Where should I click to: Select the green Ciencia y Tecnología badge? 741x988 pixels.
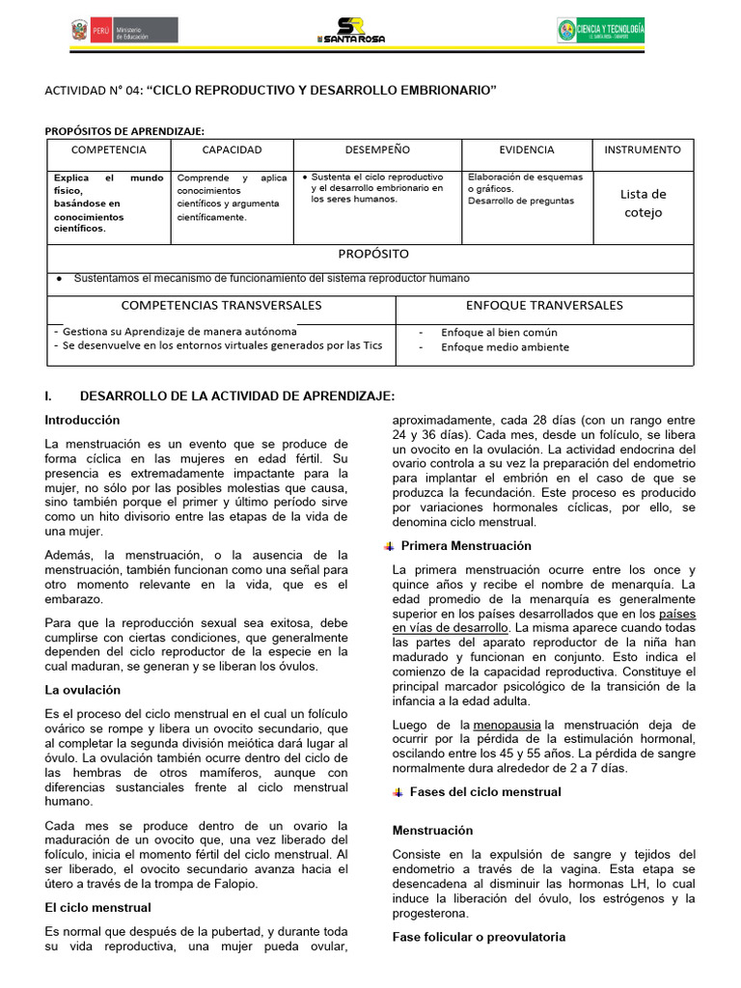pos(601,31)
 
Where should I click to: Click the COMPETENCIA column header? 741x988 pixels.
pos(109,151)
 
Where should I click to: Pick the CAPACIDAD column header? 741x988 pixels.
pos(232,151)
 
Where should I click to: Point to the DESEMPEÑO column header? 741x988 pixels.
pos(377,151)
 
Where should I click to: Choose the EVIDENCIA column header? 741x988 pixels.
pos(527,151)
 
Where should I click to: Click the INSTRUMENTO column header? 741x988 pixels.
pos(643,151)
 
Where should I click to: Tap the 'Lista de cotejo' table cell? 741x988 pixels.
pos(643,203)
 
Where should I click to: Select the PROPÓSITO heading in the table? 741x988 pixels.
pos(372,254)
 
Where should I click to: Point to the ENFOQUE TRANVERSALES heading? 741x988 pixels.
pos(544,306)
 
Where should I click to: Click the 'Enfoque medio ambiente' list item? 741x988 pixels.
pos(505,347)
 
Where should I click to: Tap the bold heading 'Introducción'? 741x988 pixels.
pos(82,420)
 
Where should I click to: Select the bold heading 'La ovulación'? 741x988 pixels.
pos(83,690)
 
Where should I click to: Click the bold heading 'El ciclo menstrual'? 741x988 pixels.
pos(97,907)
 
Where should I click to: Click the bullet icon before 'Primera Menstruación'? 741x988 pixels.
pos(389,546)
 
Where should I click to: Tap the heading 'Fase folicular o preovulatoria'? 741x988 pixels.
pos(479,937)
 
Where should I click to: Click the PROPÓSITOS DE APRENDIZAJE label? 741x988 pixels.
pos(124,130)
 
